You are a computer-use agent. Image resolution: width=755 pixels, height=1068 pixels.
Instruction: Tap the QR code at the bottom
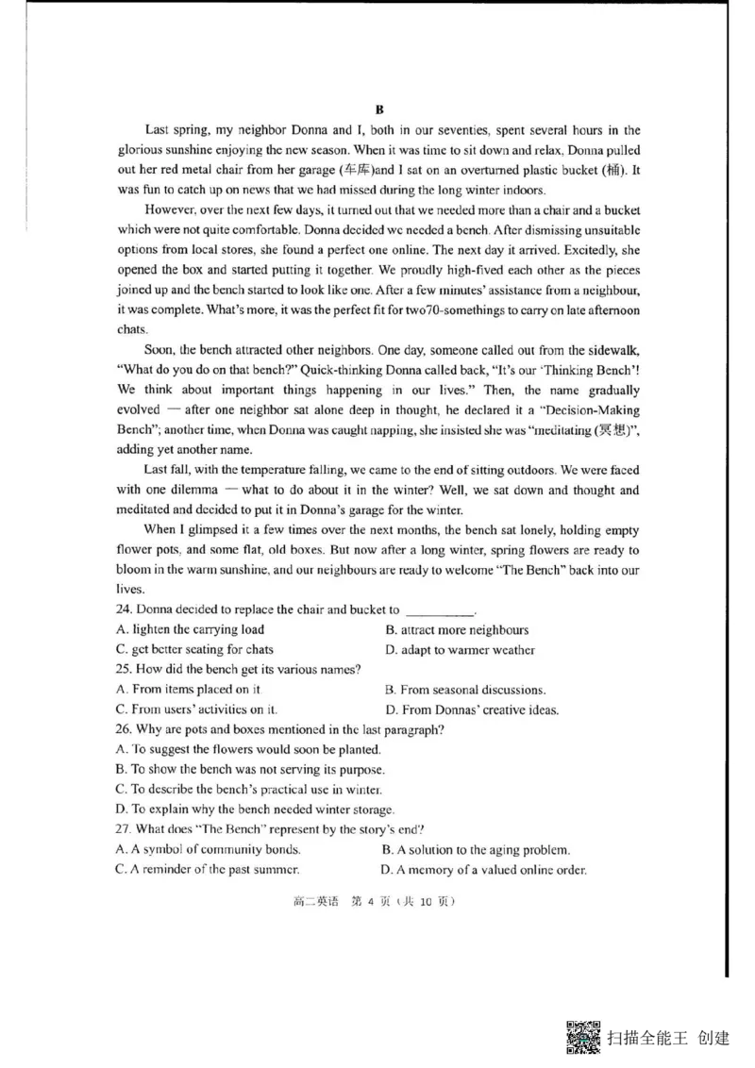tap(584, 1038)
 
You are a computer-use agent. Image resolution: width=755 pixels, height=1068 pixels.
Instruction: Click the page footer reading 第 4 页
tap(377, 901)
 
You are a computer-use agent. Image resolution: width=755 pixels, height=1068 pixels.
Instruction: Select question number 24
tap(124, 609)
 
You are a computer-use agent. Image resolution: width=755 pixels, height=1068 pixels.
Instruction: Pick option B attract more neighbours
tap(457, 629)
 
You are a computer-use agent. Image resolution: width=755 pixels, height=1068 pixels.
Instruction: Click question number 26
tap(124, 729)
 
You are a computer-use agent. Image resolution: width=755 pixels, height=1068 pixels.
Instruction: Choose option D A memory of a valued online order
tap(484, 870)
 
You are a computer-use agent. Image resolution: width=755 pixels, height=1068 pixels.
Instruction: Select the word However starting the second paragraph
tap(175, 209)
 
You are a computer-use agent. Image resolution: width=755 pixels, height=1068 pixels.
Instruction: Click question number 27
tap(124, 829)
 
